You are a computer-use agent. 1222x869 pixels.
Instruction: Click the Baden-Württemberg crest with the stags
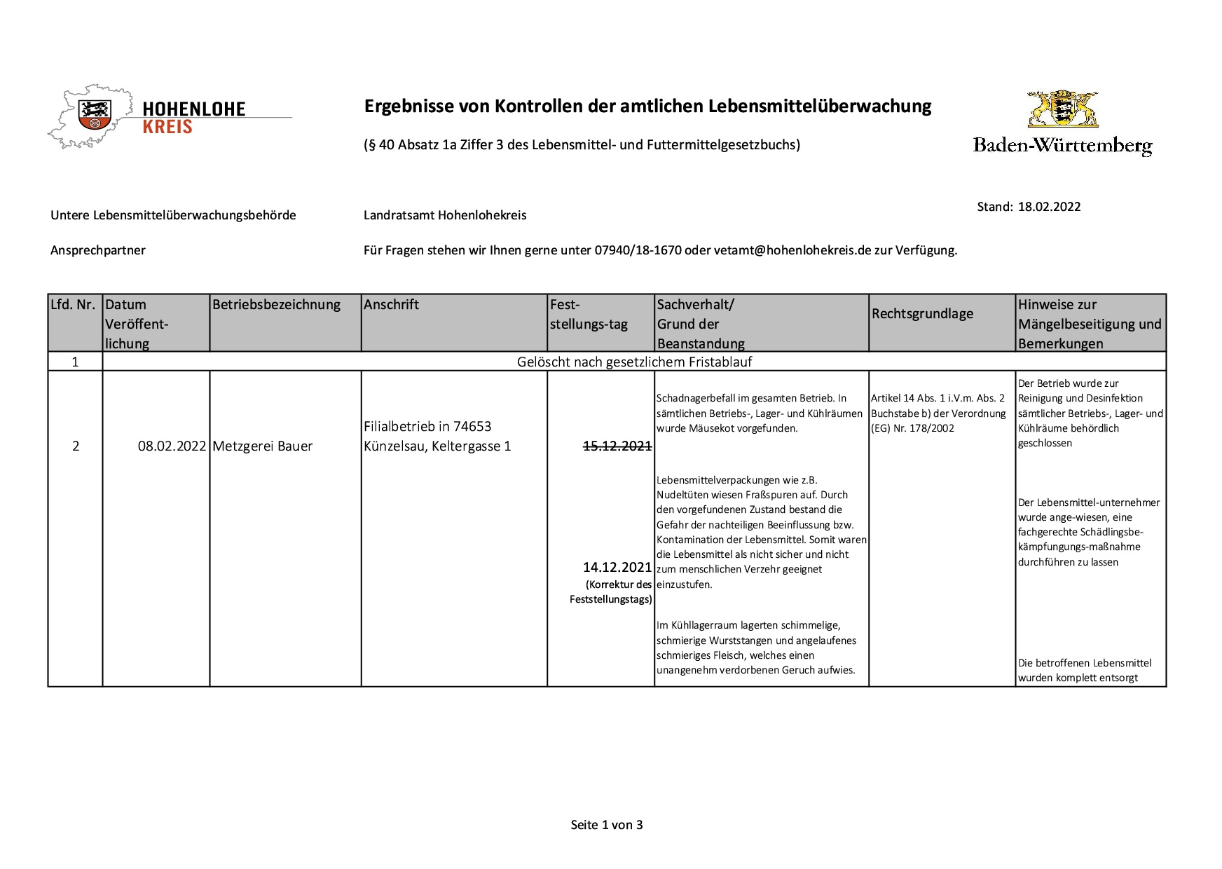tap(1062, 109)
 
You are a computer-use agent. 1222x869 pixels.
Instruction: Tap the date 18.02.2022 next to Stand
tap(1049, 207)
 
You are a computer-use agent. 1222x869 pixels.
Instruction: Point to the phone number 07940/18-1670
tap(638, 250)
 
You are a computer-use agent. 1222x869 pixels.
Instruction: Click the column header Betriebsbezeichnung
tap(276, 305)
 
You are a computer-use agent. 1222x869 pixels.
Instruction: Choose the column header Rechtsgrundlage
tap(922, 314)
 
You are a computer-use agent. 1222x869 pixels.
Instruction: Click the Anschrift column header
tap(391, 305)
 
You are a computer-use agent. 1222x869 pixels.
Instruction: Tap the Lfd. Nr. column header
tap(73, 305)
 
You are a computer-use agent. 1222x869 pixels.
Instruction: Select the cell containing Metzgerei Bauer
tap(262, 446)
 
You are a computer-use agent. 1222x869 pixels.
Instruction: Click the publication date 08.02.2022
tap(172, 446)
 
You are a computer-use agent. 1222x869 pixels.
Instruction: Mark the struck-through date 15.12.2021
tap(617, 446)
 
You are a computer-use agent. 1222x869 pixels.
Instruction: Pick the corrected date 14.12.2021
tap(617, 567)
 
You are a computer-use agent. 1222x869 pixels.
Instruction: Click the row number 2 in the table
tap(76, 446)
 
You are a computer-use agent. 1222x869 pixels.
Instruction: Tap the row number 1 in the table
tap(75, 362)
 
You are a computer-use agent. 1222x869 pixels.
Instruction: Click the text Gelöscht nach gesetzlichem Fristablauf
tap(634, 362)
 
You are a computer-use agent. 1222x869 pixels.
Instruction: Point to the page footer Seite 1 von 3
tap(607, 825)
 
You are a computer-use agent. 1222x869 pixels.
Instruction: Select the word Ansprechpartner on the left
tap(98, 250)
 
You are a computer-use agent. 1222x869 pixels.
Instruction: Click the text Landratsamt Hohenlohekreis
tap(445, 215)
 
